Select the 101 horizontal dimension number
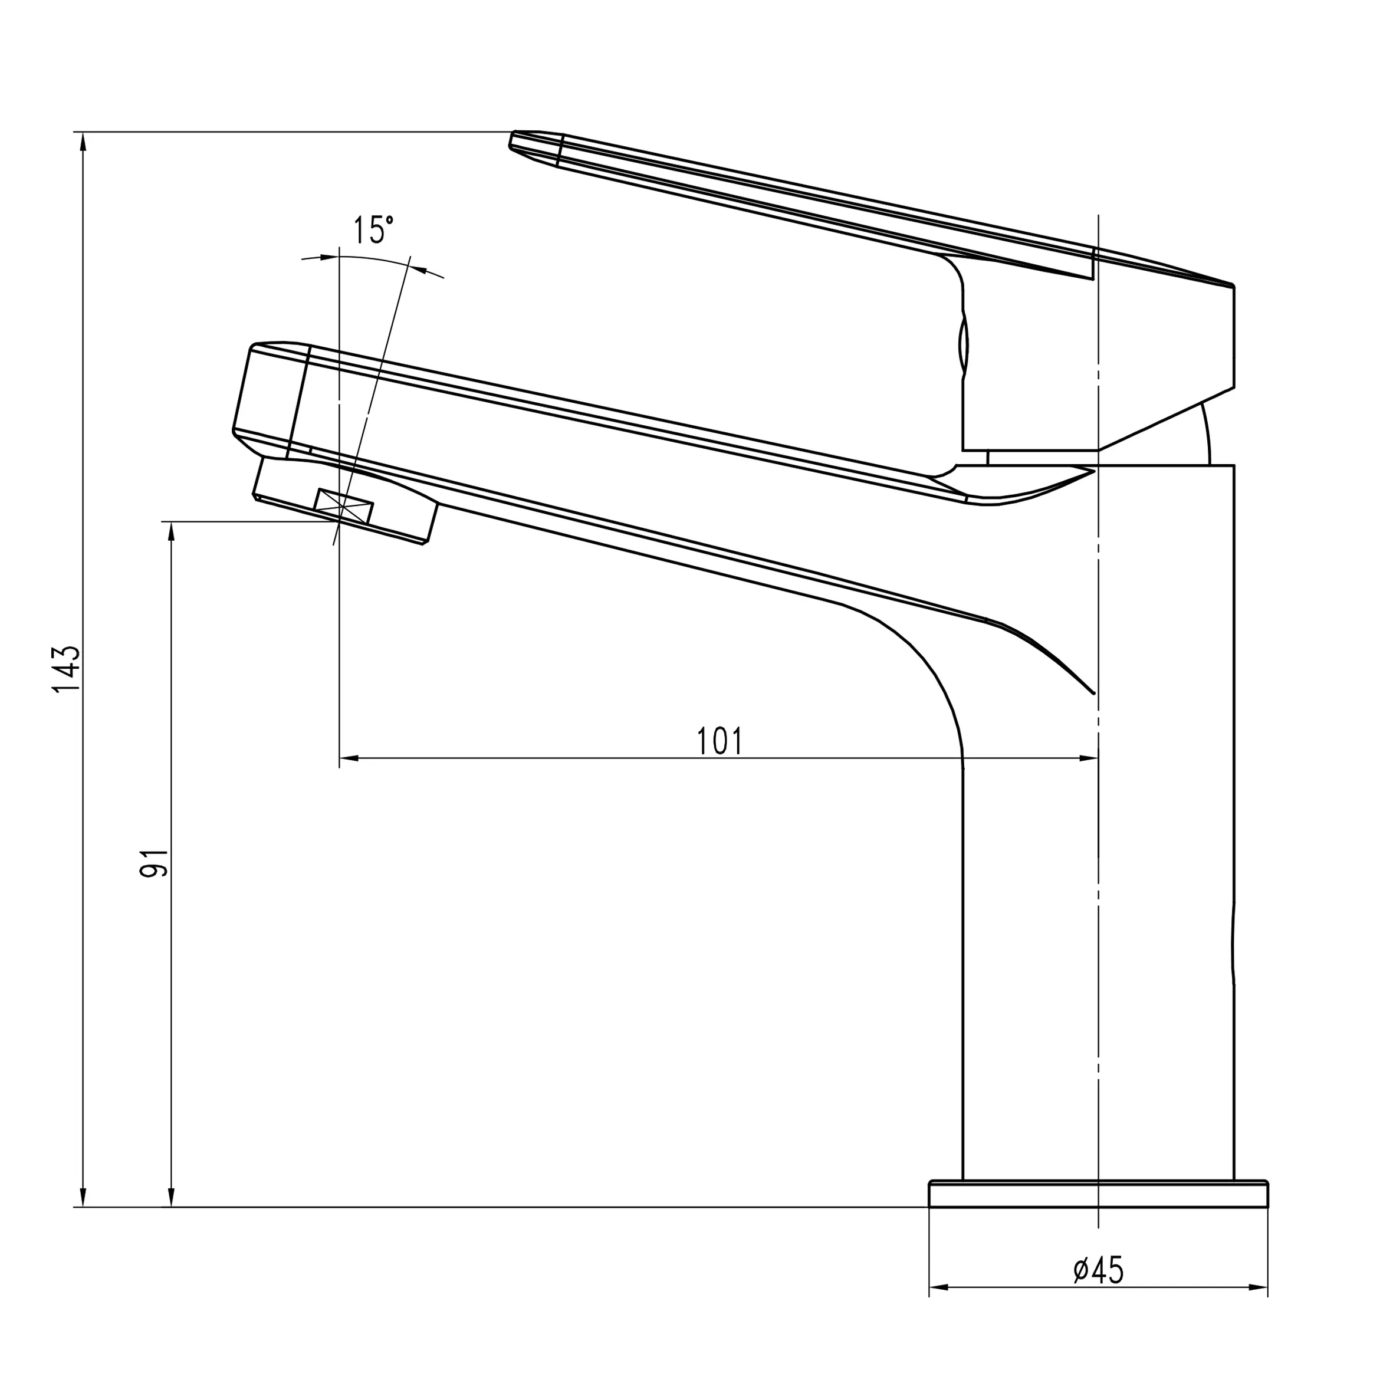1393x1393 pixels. tap(720, 741)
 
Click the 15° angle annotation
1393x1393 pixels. tap(373, 230)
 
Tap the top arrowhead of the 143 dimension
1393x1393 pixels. tap(84, 142)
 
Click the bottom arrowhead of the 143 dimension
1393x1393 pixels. tap(84, 1197)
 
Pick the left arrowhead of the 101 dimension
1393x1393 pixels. tap(349, 758)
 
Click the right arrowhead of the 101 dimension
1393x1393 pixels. tap(1088, 758)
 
